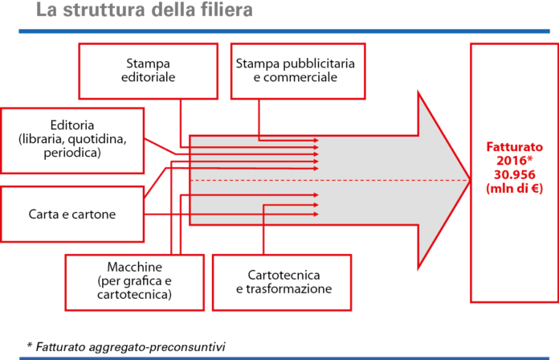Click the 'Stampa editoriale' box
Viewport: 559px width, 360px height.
click(149, 71)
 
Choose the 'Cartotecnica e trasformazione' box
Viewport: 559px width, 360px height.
click(283, 281)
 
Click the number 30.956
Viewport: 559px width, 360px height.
click(514, 175)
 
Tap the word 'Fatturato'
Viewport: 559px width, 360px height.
click(514, 148)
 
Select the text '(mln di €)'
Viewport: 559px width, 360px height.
click(514, 189)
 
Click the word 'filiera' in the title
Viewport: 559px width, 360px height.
click(223, 11)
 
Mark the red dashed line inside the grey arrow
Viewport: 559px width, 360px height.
click(321, 181)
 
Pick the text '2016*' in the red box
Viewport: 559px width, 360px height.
click(514, 162)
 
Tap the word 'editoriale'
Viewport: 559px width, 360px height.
click(149, 78)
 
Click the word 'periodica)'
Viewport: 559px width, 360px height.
click(72, 152)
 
